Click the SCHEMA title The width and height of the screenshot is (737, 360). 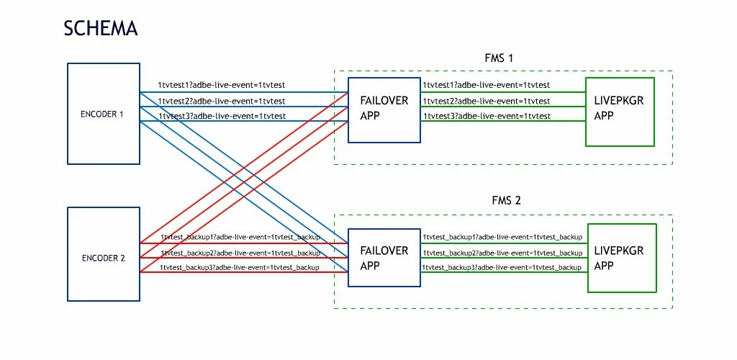pos(100,28)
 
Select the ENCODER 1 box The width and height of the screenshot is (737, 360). pos(102,113)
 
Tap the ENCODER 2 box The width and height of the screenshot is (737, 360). pos(102,257)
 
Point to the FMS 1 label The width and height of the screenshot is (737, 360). pos(502,58)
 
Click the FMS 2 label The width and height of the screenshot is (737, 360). pos(502,202)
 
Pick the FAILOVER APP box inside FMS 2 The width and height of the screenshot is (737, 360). pos(384,258)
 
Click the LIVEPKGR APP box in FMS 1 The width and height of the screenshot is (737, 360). pos(620,108)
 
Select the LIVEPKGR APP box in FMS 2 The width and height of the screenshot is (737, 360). pos(622,258)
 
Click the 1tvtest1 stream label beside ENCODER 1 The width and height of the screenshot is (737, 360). pos(222,86)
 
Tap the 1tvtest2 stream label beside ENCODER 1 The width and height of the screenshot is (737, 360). pos(222,101)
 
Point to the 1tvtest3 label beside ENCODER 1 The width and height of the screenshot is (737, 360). pos(222,116)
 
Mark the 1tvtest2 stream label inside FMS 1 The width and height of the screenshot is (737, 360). pos(487,102)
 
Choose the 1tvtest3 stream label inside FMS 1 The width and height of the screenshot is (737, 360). pos(487,116)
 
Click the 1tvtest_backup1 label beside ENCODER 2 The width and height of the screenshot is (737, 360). pos(240,237)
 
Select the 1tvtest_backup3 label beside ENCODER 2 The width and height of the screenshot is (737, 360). pos(240,267)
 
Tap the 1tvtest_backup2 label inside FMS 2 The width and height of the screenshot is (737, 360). pos(502,253)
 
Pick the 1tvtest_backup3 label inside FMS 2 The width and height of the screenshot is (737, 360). pos(502,268)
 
